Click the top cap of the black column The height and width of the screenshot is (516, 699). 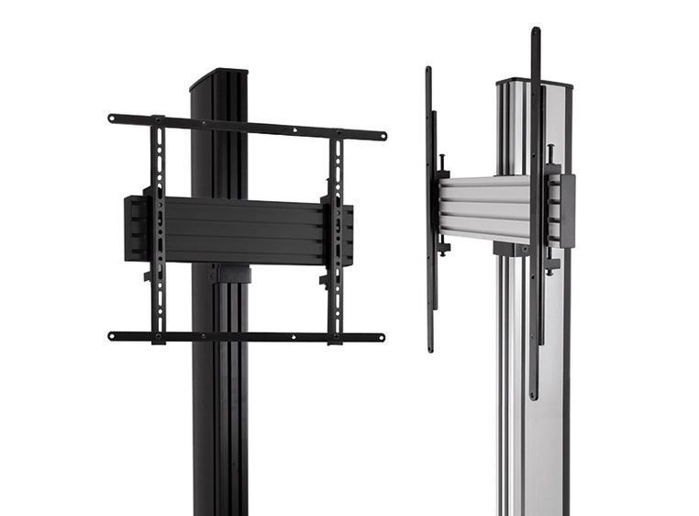[x=218, y=76]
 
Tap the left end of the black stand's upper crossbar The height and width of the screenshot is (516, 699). [x=112, y=118]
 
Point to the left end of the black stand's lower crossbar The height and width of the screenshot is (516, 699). [x=112, y=336]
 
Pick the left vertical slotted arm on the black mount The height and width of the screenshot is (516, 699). [x=159, y=230]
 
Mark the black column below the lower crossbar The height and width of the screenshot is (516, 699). [x=220, y=422]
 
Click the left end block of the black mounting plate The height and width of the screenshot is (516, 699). [x=135, y=228]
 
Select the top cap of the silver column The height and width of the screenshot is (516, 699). [x=534, y=83]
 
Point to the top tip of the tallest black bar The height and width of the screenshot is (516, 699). [x=535, y=32]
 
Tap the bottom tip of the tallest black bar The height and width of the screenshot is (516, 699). [x=534, y=395]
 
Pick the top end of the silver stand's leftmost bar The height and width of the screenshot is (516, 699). [x=428, y=71]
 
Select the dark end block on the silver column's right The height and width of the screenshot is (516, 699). [x=567, y=210]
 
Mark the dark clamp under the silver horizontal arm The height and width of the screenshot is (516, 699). [x=510, y=249]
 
